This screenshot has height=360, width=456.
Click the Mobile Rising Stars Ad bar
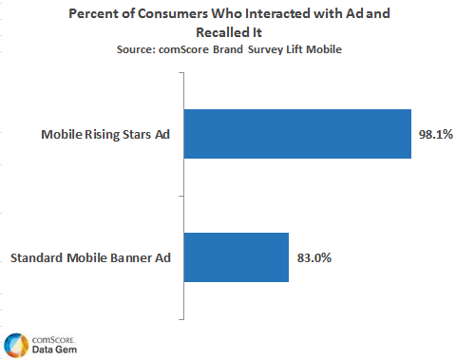point(297,134)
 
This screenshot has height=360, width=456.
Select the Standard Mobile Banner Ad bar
point(236,256)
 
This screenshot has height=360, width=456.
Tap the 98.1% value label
point(436,135)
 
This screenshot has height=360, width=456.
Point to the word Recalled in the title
point(222,32)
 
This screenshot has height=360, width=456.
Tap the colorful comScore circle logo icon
point(14,344)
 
